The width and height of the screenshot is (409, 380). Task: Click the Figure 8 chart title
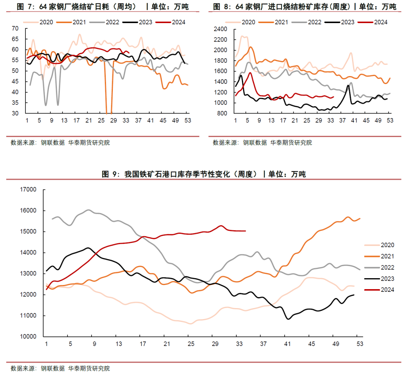[304, 7]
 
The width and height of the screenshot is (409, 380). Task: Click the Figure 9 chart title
[204, 174]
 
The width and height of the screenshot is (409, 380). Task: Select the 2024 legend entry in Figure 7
[173, 22]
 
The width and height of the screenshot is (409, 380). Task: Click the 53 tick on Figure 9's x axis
[359, 344]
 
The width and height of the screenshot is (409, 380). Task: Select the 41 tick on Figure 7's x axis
[151, 120]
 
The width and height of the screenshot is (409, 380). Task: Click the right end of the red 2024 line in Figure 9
[245, 230]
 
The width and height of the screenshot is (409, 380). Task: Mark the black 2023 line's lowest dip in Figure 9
[288, 319]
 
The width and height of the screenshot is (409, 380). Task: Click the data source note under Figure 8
[262, 143]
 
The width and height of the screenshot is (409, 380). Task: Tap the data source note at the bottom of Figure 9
[60, 368]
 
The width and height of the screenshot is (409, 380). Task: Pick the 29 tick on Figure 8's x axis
[319, 120]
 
